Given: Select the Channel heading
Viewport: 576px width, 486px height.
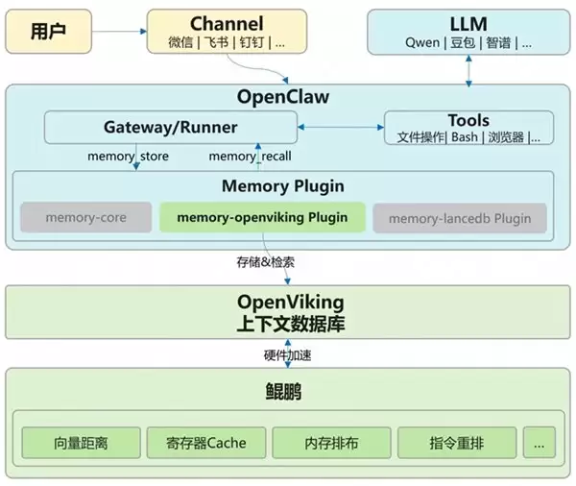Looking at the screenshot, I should [227, 22].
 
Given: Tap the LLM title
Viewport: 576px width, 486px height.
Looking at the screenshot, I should [468, 22].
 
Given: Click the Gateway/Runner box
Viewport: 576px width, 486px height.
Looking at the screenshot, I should [170, 127].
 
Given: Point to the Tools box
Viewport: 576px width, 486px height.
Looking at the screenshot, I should [468, 128].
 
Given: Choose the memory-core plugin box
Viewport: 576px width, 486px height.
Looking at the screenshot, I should [85, 218].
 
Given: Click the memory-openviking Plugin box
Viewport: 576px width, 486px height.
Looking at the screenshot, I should [262, 218].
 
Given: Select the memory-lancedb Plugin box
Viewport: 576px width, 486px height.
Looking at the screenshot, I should [459, 218].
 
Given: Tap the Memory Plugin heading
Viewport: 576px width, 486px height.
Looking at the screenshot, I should [283, 186].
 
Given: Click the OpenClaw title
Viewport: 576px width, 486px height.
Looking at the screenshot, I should [282, 98].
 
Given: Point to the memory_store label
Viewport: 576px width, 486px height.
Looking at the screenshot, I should [127, 156].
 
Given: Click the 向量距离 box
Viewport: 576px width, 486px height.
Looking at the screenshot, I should [81, 443].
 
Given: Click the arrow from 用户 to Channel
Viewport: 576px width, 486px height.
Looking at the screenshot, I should [118, 32].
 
